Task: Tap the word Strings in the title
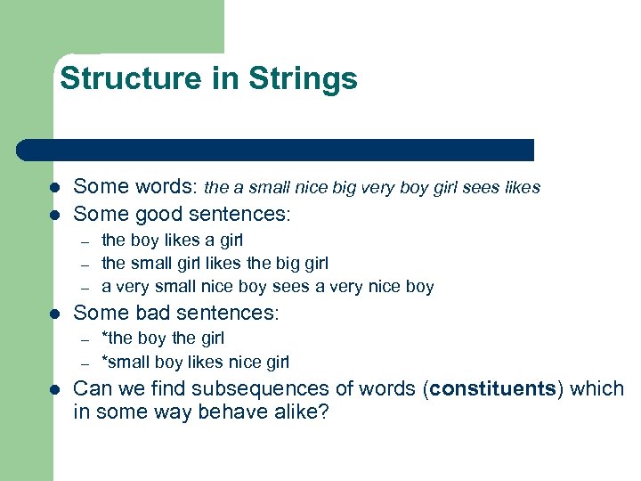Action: tap(303, 78)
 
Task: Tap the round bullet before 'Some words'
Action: tap(54, 188)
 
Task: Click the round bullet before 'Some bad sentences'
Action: tap(54, 314)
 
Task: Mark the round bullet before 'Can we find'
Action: tap(54, 390)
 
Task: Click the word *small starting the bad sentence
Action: tap(126, 363)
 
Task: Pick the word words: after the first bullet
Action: tap(164, 188)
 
